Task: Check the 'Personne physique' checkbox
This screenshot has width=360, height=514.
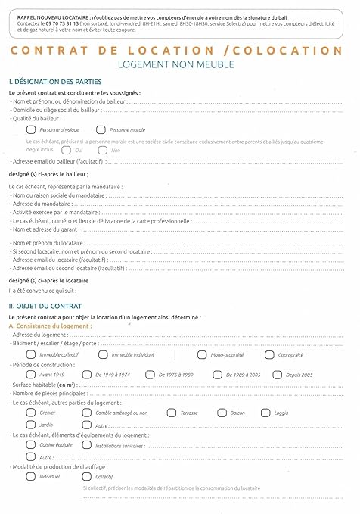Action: coord(30,130)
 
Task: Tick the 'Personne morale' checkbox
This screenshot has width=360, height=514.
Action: coord(101,130)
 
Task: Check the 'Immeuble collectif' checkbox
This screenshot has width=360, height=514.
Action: coord(30,354)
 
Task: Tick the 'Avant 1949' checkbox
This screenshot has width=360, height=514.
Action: coord(30,374)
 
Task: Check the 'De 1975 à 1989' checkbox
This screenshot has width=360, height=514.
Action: coord(151,374)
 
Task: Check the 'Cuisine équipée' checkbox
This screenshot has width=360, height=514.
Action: coord(30,445)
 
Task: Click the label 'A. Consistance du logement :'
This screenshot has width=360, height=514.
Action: coord(50,326)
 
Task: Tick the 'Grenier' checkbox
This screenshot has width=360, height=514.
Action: coord(30,413)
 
